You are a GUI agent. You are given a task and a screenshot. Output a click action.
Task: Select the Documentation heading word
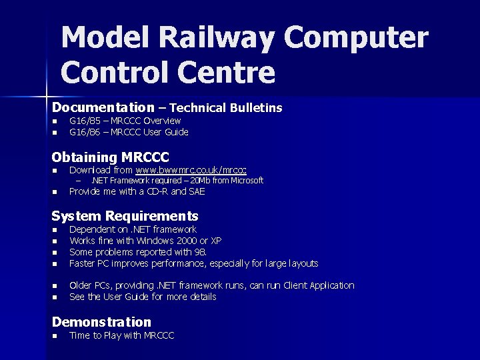coord(103,107)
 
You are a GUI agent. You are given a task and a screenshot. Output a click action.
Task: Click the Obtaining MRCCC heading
coord(110,157)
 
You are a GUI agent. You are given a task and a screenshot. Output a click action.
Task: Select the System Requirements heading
coord(125,216)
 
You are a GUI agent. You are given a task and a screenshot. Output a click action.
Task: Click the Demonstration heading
coord(101,322)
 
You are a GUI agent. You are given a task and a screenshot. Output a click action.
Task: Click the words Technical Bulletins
coord(226,107)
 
